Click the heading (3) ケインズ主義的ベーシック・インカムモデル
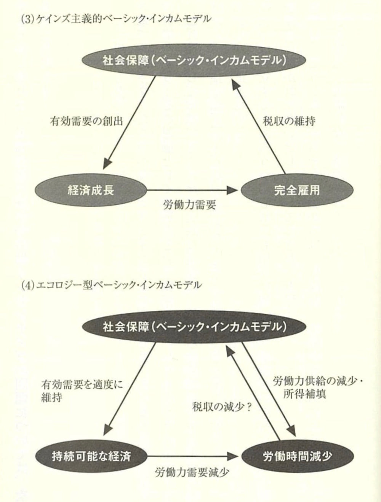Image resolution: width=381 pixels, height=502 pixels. point(115,19)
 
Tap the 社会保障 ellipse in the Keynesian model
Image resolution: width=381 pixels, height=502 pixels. point(194,60)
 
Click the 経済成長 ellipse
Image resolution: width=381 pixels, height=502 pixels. point(91,190)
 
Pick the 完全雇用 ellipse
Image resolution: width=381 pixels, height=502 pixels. point(296,190)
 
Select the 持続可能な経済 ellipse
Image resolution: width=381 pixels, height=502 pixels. point(91,456)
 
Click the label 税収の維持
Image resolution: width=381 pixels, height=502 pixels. point(289,121)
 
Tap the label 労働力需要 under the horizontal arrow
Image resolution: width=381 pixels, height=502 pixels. point(189,205)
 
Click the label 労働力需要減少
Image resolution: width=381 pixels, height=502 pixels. point(192,472)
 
